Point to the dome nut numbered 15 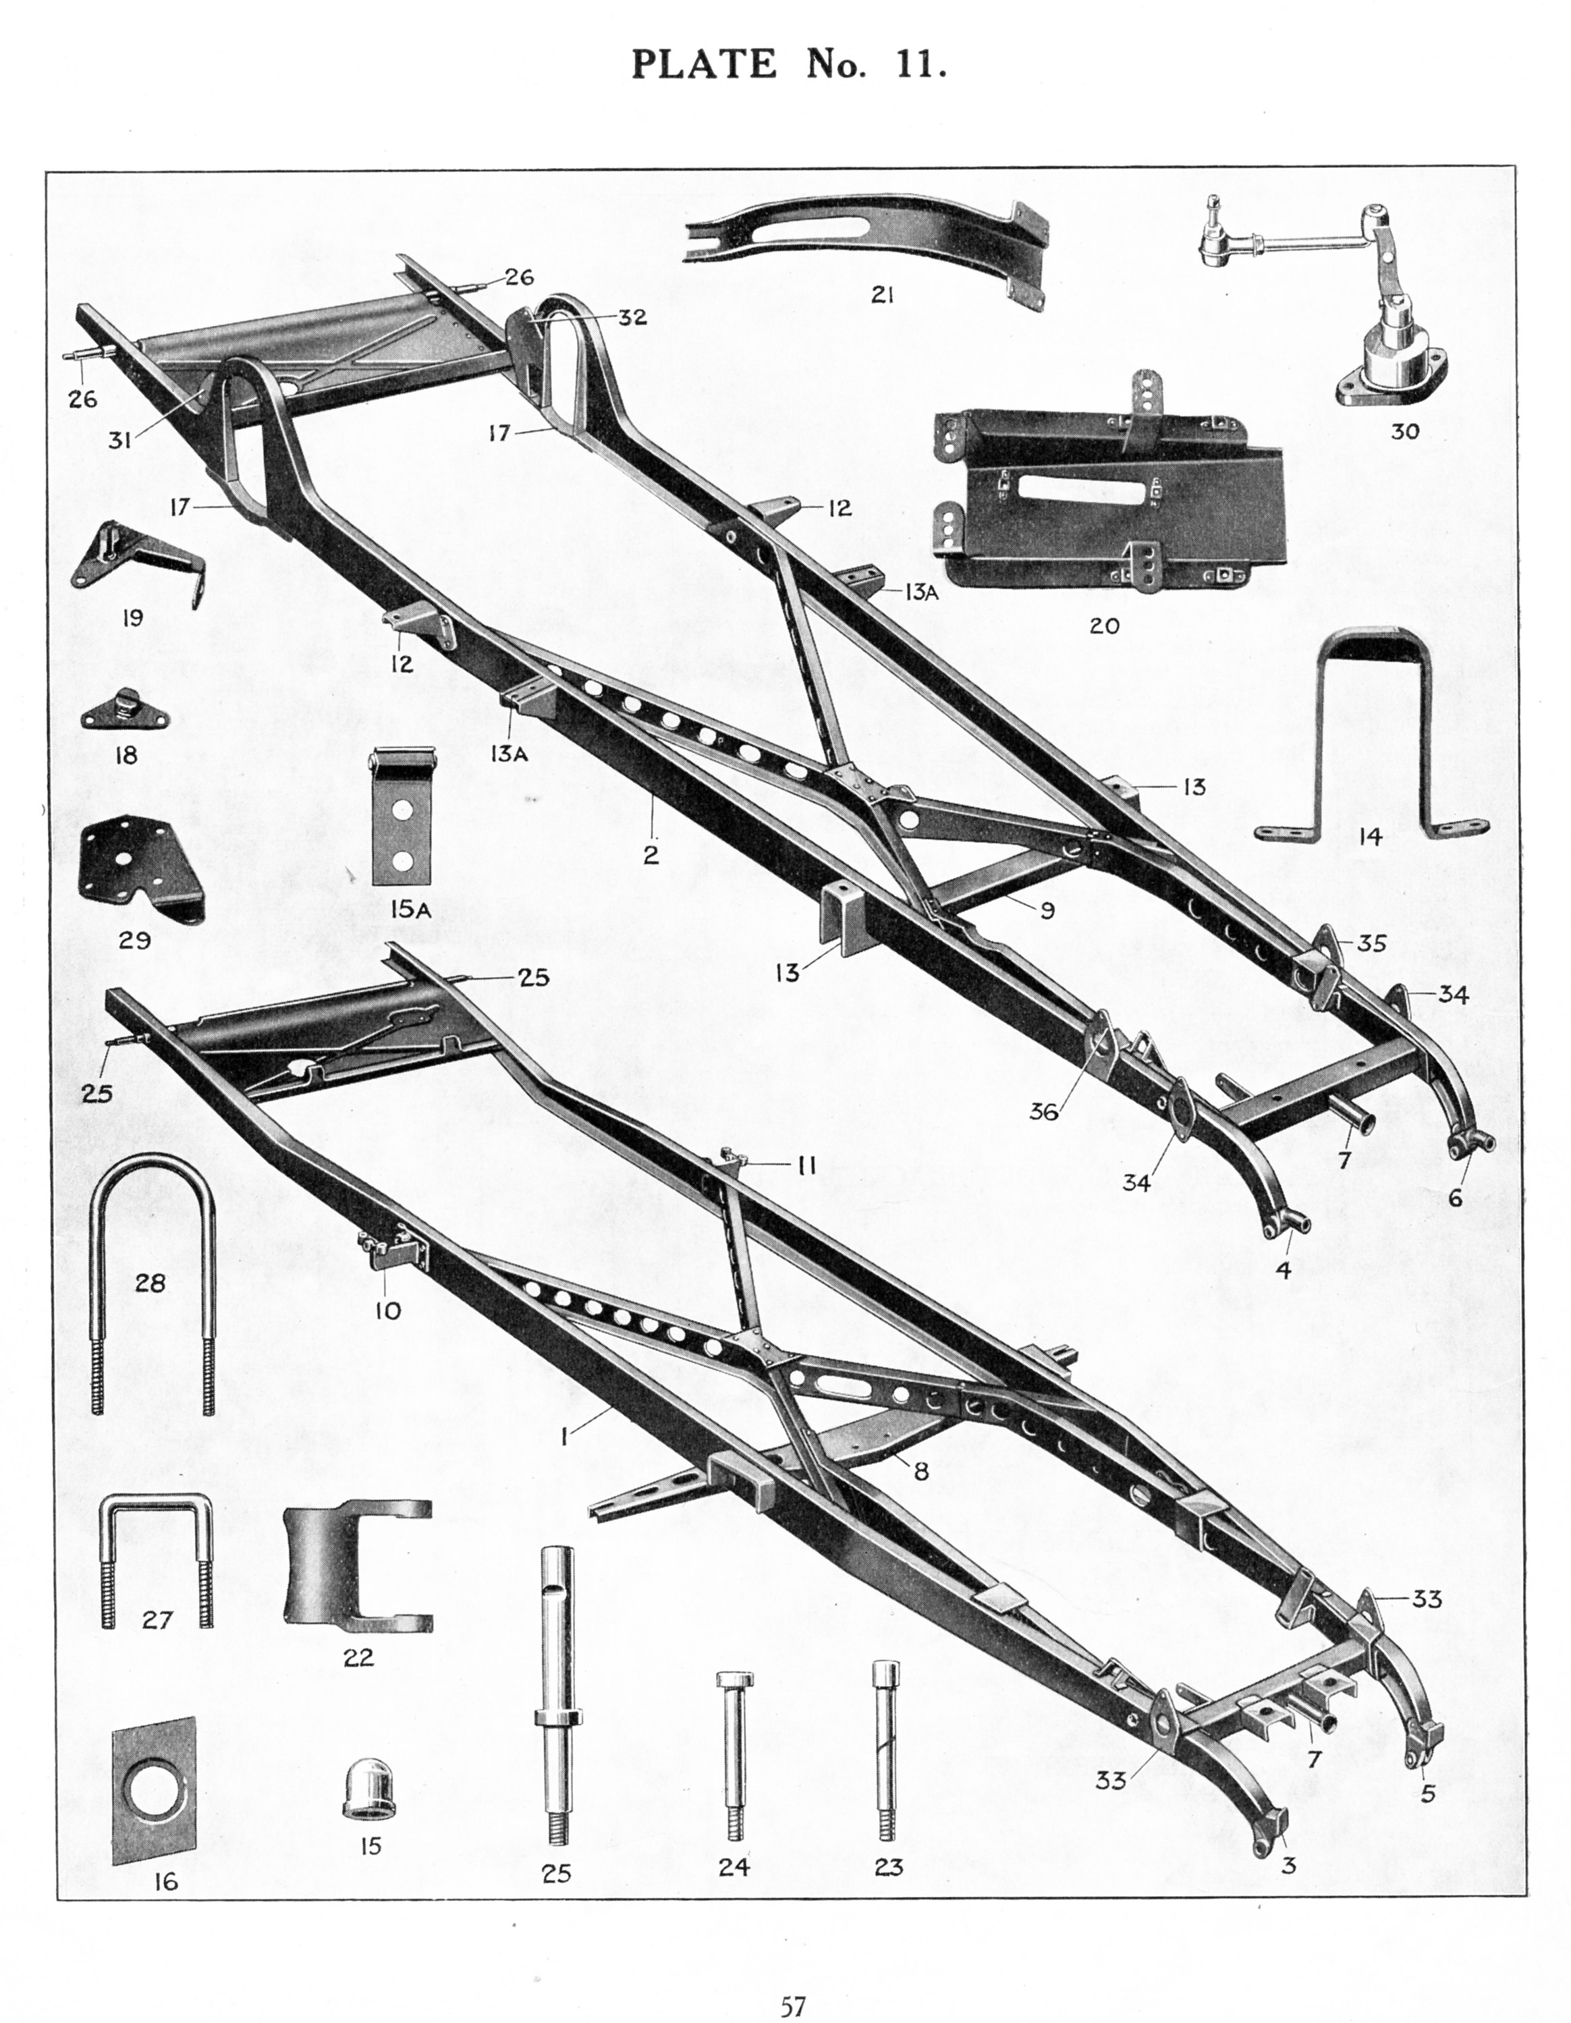[x=370, y=1788]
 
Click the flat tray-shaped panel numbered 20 [x=1107, y=495]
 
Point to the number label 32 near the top [x=633, y=316]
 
